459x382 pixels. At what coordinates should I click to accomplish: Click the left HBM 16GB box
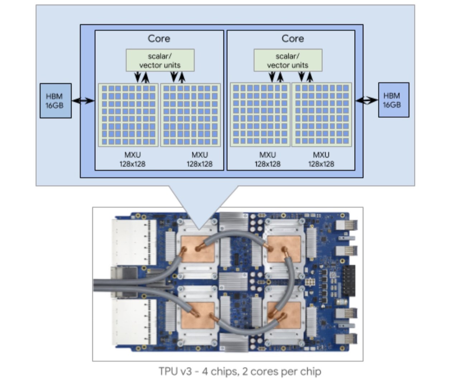pyautogui.click(x=56, y=101)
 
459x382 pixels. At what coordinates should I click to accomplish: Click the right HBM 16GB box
pyautogui.click(x=393, y=100)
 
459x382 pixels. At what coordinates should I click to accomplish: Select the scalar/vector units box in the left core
pyautogui.click(x=160, y=61)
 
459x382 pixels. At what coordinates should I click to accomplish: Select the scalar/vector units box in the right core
pyautogui.click(x=288, y=61)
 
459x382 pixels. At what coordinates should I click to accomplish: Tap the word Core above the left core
pyautogui.click(x=159, y=39)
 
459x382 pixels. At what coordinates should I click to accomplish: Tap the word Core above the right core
pyautogui.click(x=293, y=39)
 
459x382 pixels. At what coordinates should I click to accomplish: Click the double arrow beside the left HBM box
pyautogui.click(x=83, y=101)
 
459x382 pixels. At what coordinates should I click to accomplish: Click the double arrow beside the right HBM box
pyautogui.click(x=366, y=100)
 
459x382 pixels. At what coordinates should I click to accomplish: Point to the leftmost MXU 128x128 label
pyautogui.click(x=132, y=159)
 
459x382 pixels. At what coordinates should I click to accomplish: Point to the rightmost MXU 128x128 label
pyautogui.click(x=321, y=159)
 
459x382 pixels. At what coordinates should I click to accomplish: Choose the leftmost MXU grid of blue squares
pyautogui.click(x=128, y=115)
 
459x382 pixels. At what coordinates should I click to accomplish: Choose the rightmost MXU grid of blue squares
pyautogui.click(x=322, y=115)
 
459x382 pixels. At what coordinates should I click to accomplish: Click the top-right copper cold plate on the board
pyautogui.click(x=283, y=248)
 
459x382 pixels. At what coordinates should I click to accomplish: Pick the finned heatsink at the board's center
pyautogui.click(x=233, y=281)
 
